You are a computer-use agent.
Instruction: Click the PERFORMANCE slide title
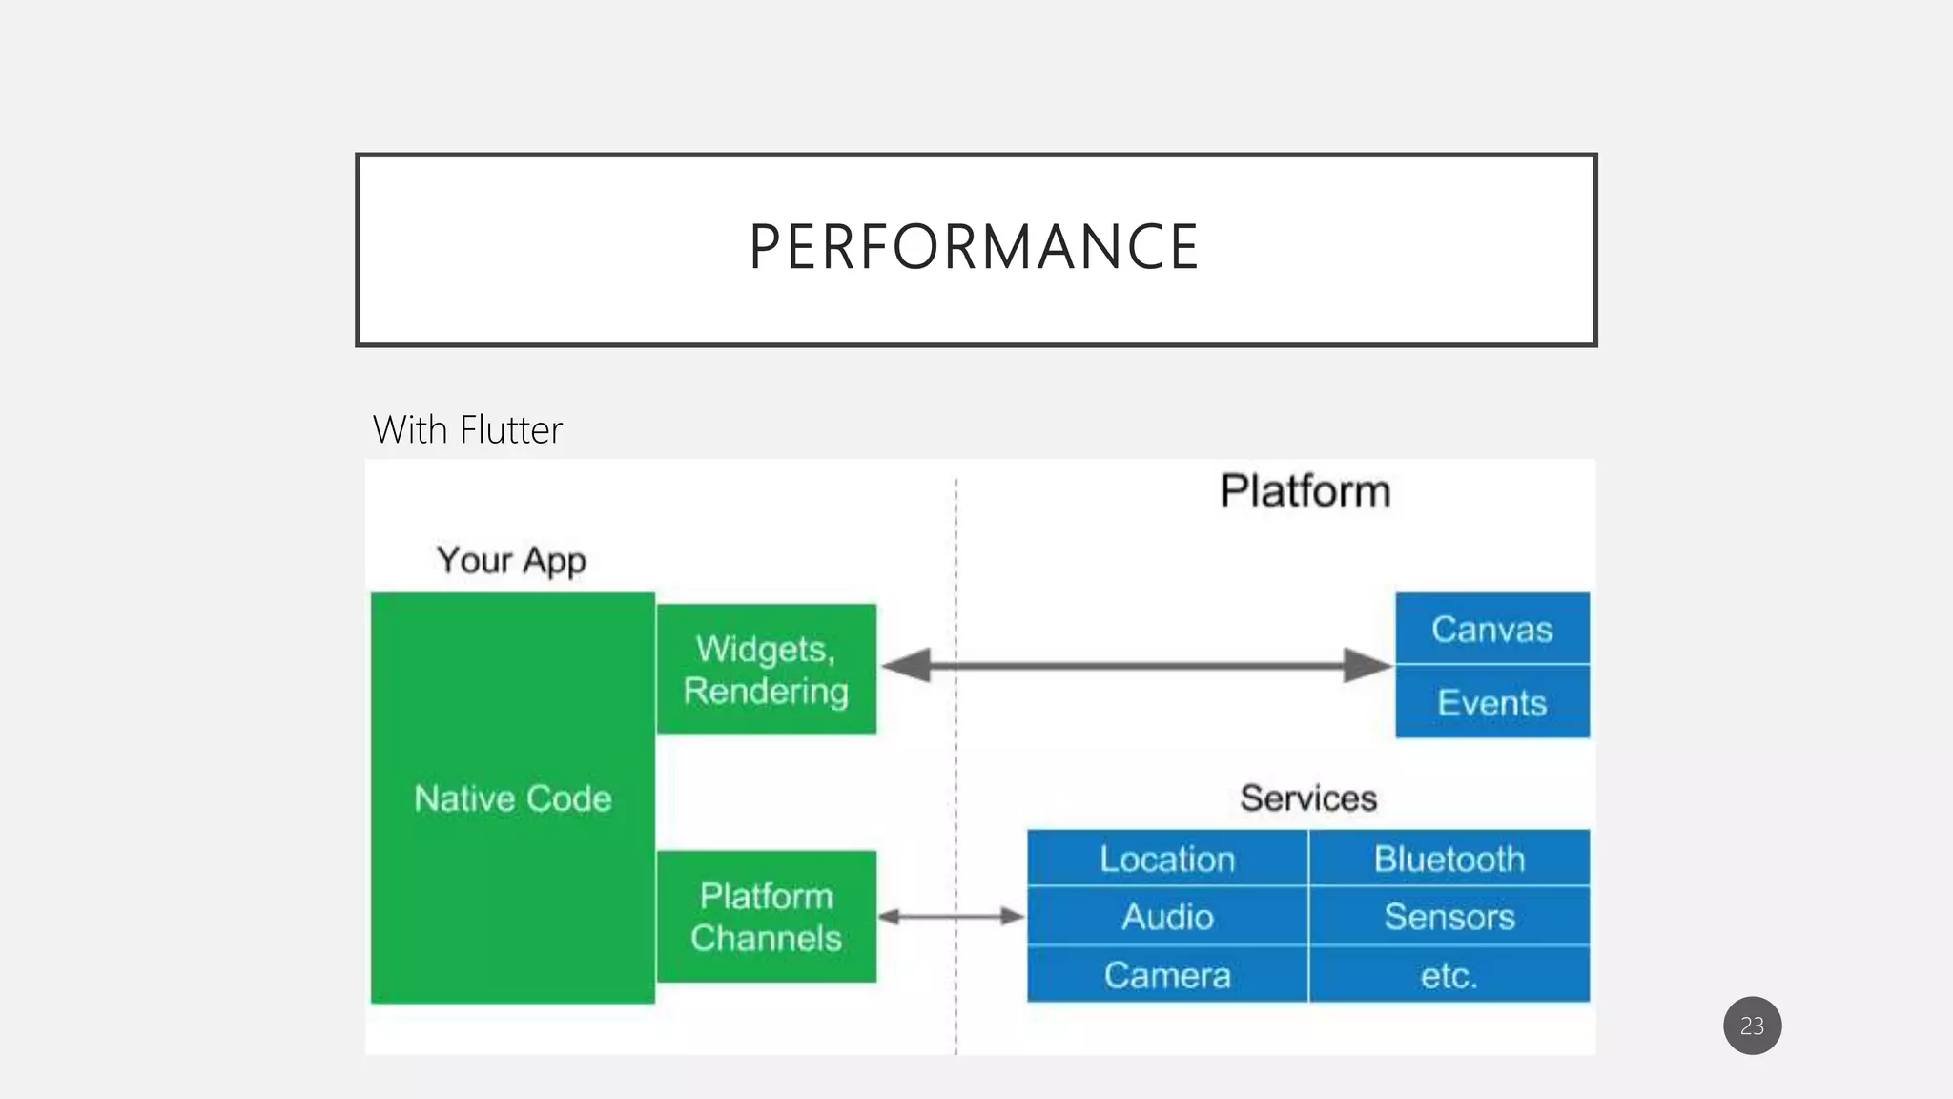(974, 247)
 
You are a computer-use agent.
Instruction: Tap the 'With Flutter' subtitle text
(467, 430)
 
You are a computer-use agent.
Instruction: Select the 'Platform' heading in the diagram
(1305, 491)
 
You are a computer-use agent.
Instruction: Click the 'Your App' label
(511, 560)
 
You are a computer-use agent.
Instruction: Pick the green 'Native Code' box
(513, 798)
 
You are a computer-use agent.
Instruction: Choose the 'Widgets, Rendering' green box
(766, 669)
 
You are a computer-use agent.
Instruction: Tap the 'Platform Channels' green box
(766, 917)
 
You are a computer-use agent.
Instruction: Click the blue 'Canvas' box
(1491, 629)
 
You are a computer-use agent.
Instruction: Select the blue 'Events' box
(1491, 702)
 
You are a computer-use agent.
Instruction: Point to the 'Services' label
(1307, 798)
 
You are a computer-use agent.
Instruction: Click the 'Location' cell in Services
(1167, 859)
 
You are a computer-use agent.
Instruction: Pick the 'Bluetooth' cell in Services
(1449, 859)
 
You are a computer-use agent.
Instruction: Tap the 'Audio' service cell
(1167, 917)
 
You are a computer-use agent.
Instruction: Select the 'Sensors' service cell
(1449, 917)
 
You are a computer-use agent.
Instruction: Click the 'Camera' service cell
(1167, 975)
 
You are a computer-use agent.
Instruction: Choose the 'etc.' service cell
(1449, 975)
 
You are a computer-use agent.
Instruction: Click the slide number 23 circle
(1752, 1026)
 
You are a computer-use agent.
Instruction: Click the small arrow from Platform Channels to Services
(951, 917)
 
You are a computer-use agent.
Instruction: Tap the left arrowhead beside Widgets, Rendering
(906, 665)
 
